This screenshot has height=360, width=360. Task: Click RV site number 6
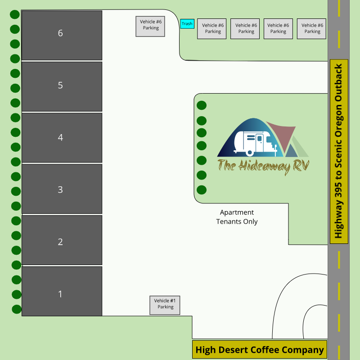pyautogui.click(x=62, y=35)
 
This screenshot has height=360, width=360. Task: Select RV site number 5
pyautogui.click(x=62, y=86)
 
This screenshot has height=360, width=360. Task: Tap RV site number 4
pyautogui.click(x=62, y=138)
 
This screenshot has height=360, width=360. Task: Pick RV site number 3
pyautogui.click(x=62, y=189)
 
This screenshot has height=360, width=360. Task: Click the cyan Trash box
pyautogui.click(x=187, y=24)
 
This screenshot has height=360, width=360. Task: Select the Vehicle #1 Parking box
pyautogui.click(x=165, y=305)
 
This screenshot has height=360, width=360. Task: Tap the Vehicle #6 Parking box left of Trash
pyautogui.click(x=151, y=26)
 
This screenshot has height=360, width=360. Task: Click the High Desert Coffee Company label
pyautogui.click(x=260, y=350)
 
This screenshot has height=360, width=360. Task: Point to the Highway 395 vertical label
pyautogui.click(x=339, y=151)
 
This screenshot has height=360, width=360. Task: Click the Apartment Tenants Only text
pyautogui.click(x=237, y=217)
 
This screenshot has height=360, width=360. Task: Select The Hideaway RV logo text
pyautogui.click(x=263, y=165)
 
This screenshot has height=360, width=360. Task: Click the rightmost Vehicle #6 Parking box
pyautogui.click(x=311, y=29)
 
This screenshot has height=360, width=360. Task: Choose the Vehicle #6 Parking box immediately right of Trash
pyautogui.click(x=212, y=29)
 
